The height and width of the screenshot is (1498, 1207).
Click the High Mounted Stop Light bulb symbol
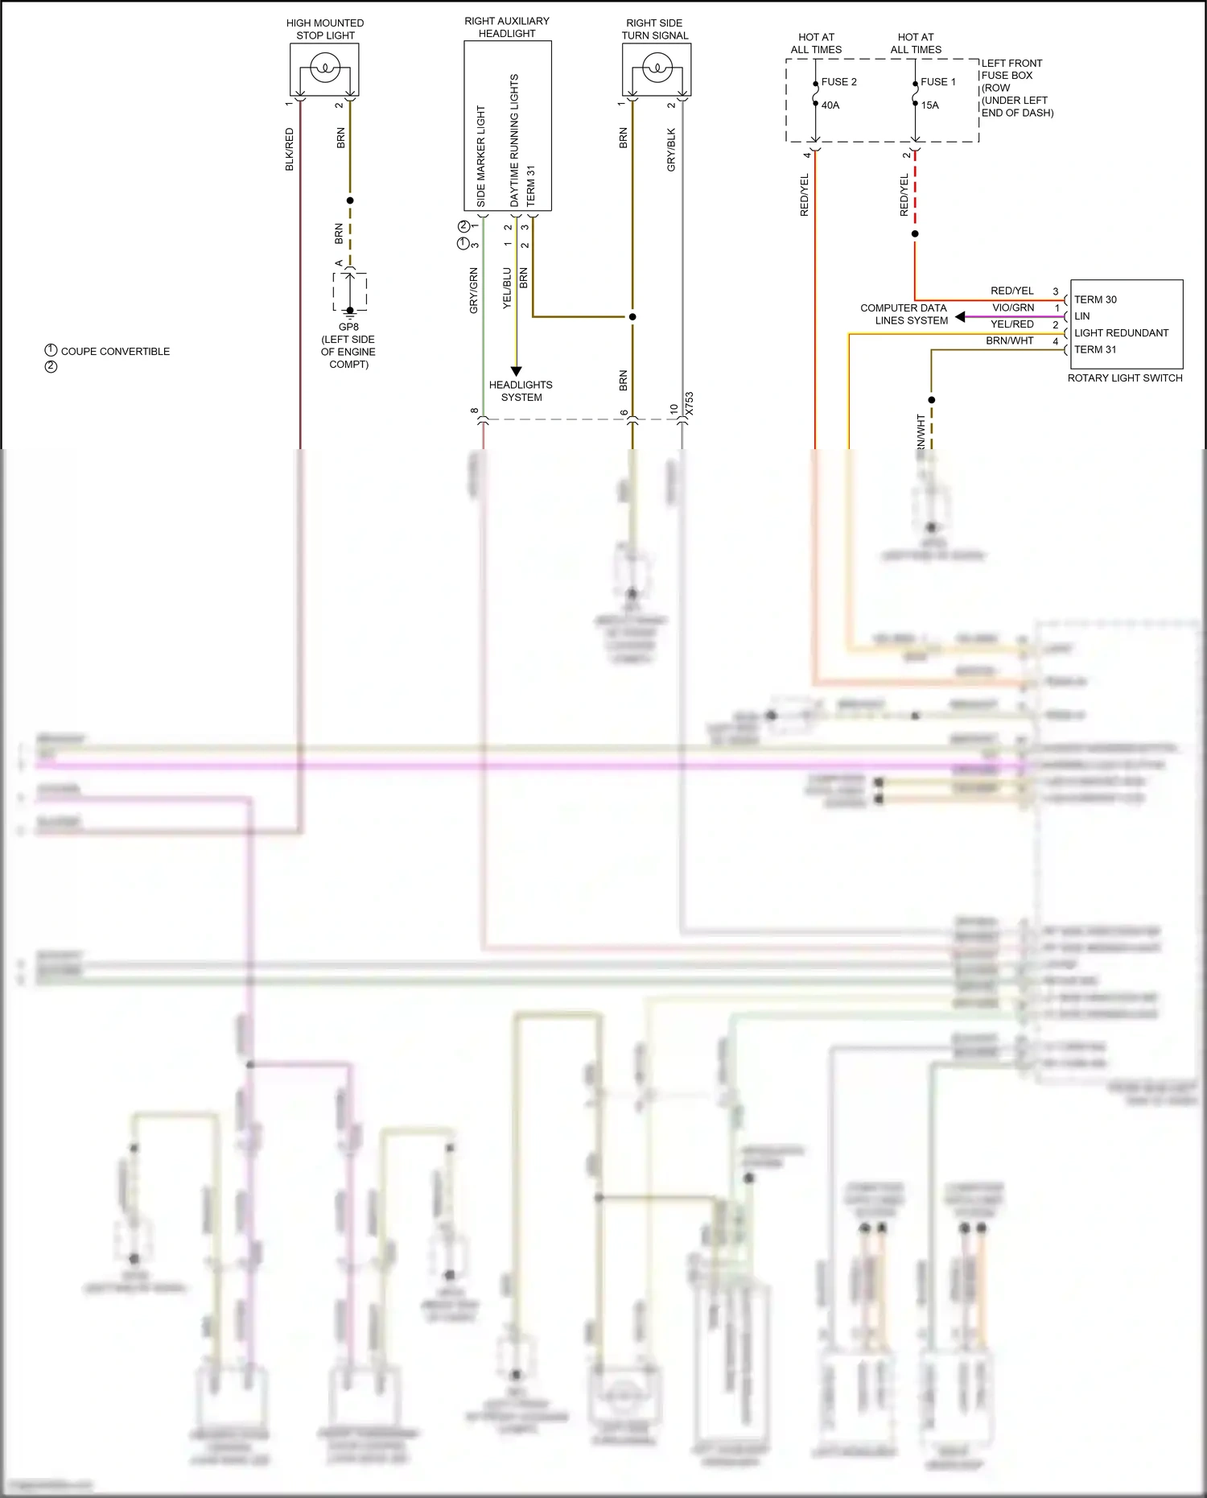325,68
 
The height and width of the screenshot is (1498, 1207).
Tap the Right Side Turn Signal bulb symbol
657,68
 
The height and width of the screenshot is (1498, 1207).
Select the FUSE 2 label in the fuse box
838,82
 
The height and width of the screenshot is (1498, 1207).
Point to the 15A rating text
929,105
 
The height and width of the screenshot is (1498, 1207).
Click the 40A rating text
830,105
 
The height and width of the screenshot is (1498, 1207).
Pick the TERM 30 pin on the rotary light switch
1095,299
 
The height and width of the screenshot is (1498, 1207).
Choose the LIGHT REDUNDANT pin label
1121,333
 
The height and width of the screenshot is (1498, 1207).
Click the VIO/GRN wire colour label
1013,307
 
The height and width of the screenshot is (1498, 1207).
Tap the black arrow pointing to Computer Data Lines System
960,317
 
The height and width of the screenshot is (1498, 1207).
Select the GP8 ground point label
348,327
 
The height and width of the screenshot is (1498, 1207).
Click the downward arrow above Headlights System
516,371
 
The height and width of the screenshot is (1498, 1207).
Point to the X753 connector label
689,405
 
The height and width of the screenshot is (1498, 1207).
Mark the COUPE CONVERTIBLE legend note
115,352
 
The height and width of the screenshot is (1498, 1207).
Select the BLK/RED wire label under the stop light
290,150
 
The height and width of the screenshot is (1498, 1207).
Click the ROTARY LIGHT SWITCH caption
1124,378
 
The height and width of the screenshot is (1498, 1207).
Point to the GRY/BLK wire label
671,150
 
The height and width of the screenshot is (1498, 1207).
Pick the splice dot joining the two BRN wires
632,316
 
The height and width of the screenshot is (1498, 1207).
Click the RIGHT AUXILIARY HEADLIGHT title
507,27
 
